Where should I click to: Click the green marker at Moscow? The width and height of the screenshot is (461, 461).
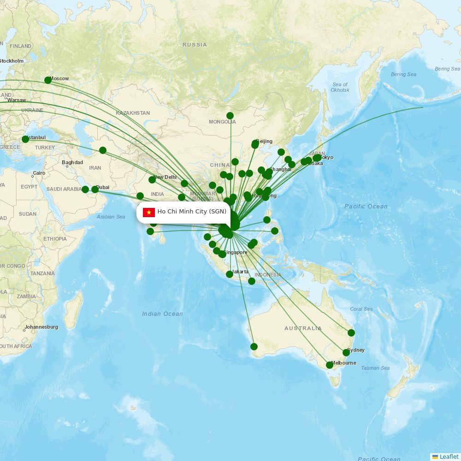tap(48, 80)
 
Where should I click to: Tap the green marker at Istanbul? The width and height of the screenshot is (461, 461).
tap(25, 139)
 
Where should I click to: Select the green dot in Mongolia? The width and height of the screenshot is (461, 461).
tap(230, 116)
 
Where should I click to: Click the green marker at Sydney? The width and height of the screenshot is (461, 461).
tap(346, 353)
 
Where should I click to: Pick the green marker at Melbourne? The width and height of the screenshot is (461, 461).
tap(330, 365)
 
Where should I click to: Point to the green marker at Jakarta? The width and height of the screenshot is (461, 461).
tap(230, 274)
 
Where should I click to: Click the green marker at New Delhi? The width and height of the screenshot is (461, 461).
tap(152, 180)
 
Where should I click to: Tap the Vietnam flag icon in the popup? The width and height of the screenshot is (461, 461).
tap(149, 212)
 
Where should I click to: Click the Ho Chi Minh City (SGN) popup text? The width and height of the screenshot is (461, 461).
tap(192, 212)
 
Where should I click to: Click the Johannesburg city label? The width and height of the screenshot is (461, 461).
tap(42, 327)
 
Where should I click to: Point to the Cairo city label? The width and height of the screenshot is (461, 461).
tap(39, 174)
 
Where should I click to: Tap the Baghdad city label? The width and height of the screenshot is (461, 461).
tap(72, 162)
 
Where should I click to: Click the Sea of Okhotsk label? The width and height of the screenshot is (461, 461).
tap(340, 87)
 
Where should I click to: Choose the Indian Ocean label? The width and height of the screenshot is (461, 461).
tap(162, 314)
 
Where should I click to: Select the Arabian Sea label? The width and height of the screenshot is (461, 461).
tap(111, 217)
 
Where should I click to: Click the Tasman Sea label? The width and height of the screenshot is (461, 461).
tap(375, 368)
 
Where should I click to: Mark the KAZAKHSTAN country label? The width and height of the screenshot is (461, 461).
tap(133, 113)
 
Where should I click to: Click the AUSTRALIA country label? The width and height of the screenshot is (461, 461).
tap(303, 328)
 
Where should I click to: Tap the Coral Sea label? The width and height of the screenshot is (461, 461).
tap(361, 309)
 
